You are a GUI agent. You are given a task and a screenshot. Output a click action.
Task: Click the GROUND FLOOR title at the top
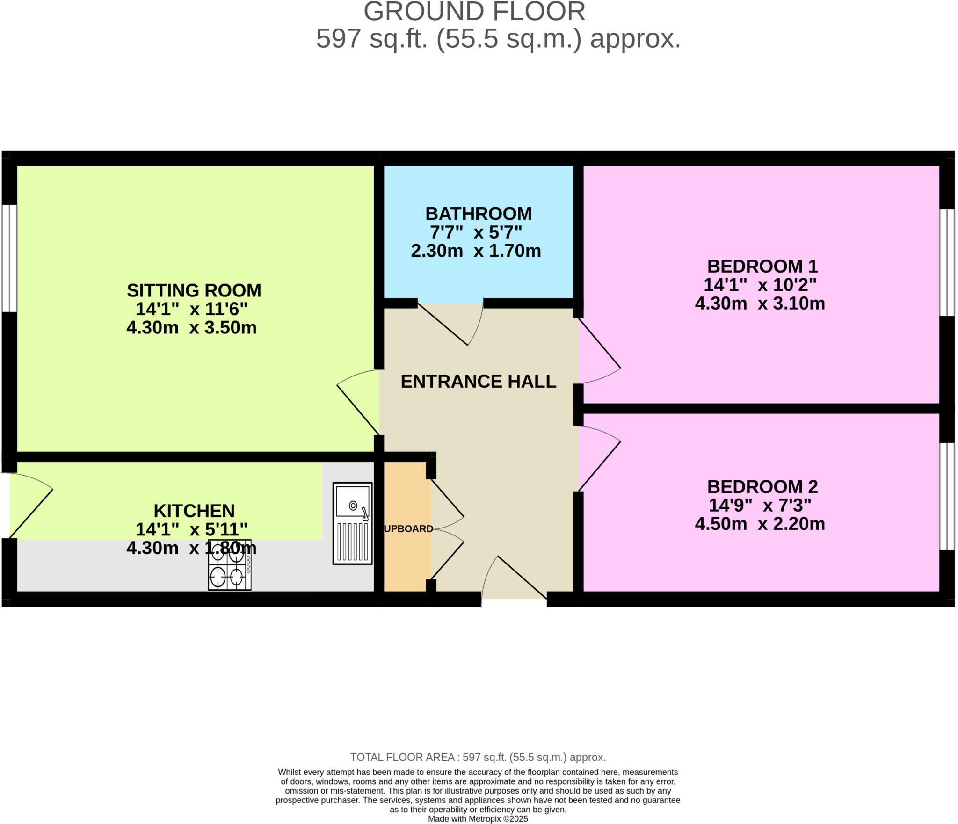click(x=474, y=12)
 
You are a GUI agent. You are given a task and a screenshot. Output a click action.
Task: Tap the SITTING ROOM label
click(x=194, y=290)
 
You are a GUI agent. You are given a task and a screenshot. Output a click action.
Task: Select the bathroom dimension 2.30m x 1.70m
click(x=476, y=251)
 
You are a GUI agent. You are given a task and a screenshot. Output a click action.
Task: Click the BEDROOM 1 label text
click(x=762, y=267)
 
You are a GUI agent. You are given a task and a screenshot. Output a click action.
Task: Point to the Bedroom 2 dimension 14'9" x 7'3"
click(x=760, y=505)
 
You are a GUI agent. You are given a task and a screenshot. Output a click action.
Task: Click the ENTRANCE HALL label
click(x=478, y=382)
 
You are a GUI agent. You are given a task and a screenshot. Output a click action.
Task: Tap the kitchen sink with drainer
click(x=352, y=523)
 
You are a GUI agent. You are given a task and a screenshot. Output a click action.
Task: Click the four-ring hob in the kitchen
click(x=229, y=565)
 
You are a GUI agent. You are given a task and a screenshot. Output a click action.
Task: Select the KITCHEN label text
click(x=194, y=511)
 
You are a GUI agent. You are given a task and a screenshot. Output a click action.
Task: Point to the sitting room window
click(x=9, y=258)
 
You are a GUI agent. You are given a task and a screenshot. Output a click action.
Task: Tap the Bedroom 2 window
click(x=947, y=496)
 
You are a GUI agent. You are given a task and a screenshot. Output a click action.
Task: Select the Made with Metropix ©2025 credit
click(x=478, y=819)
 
